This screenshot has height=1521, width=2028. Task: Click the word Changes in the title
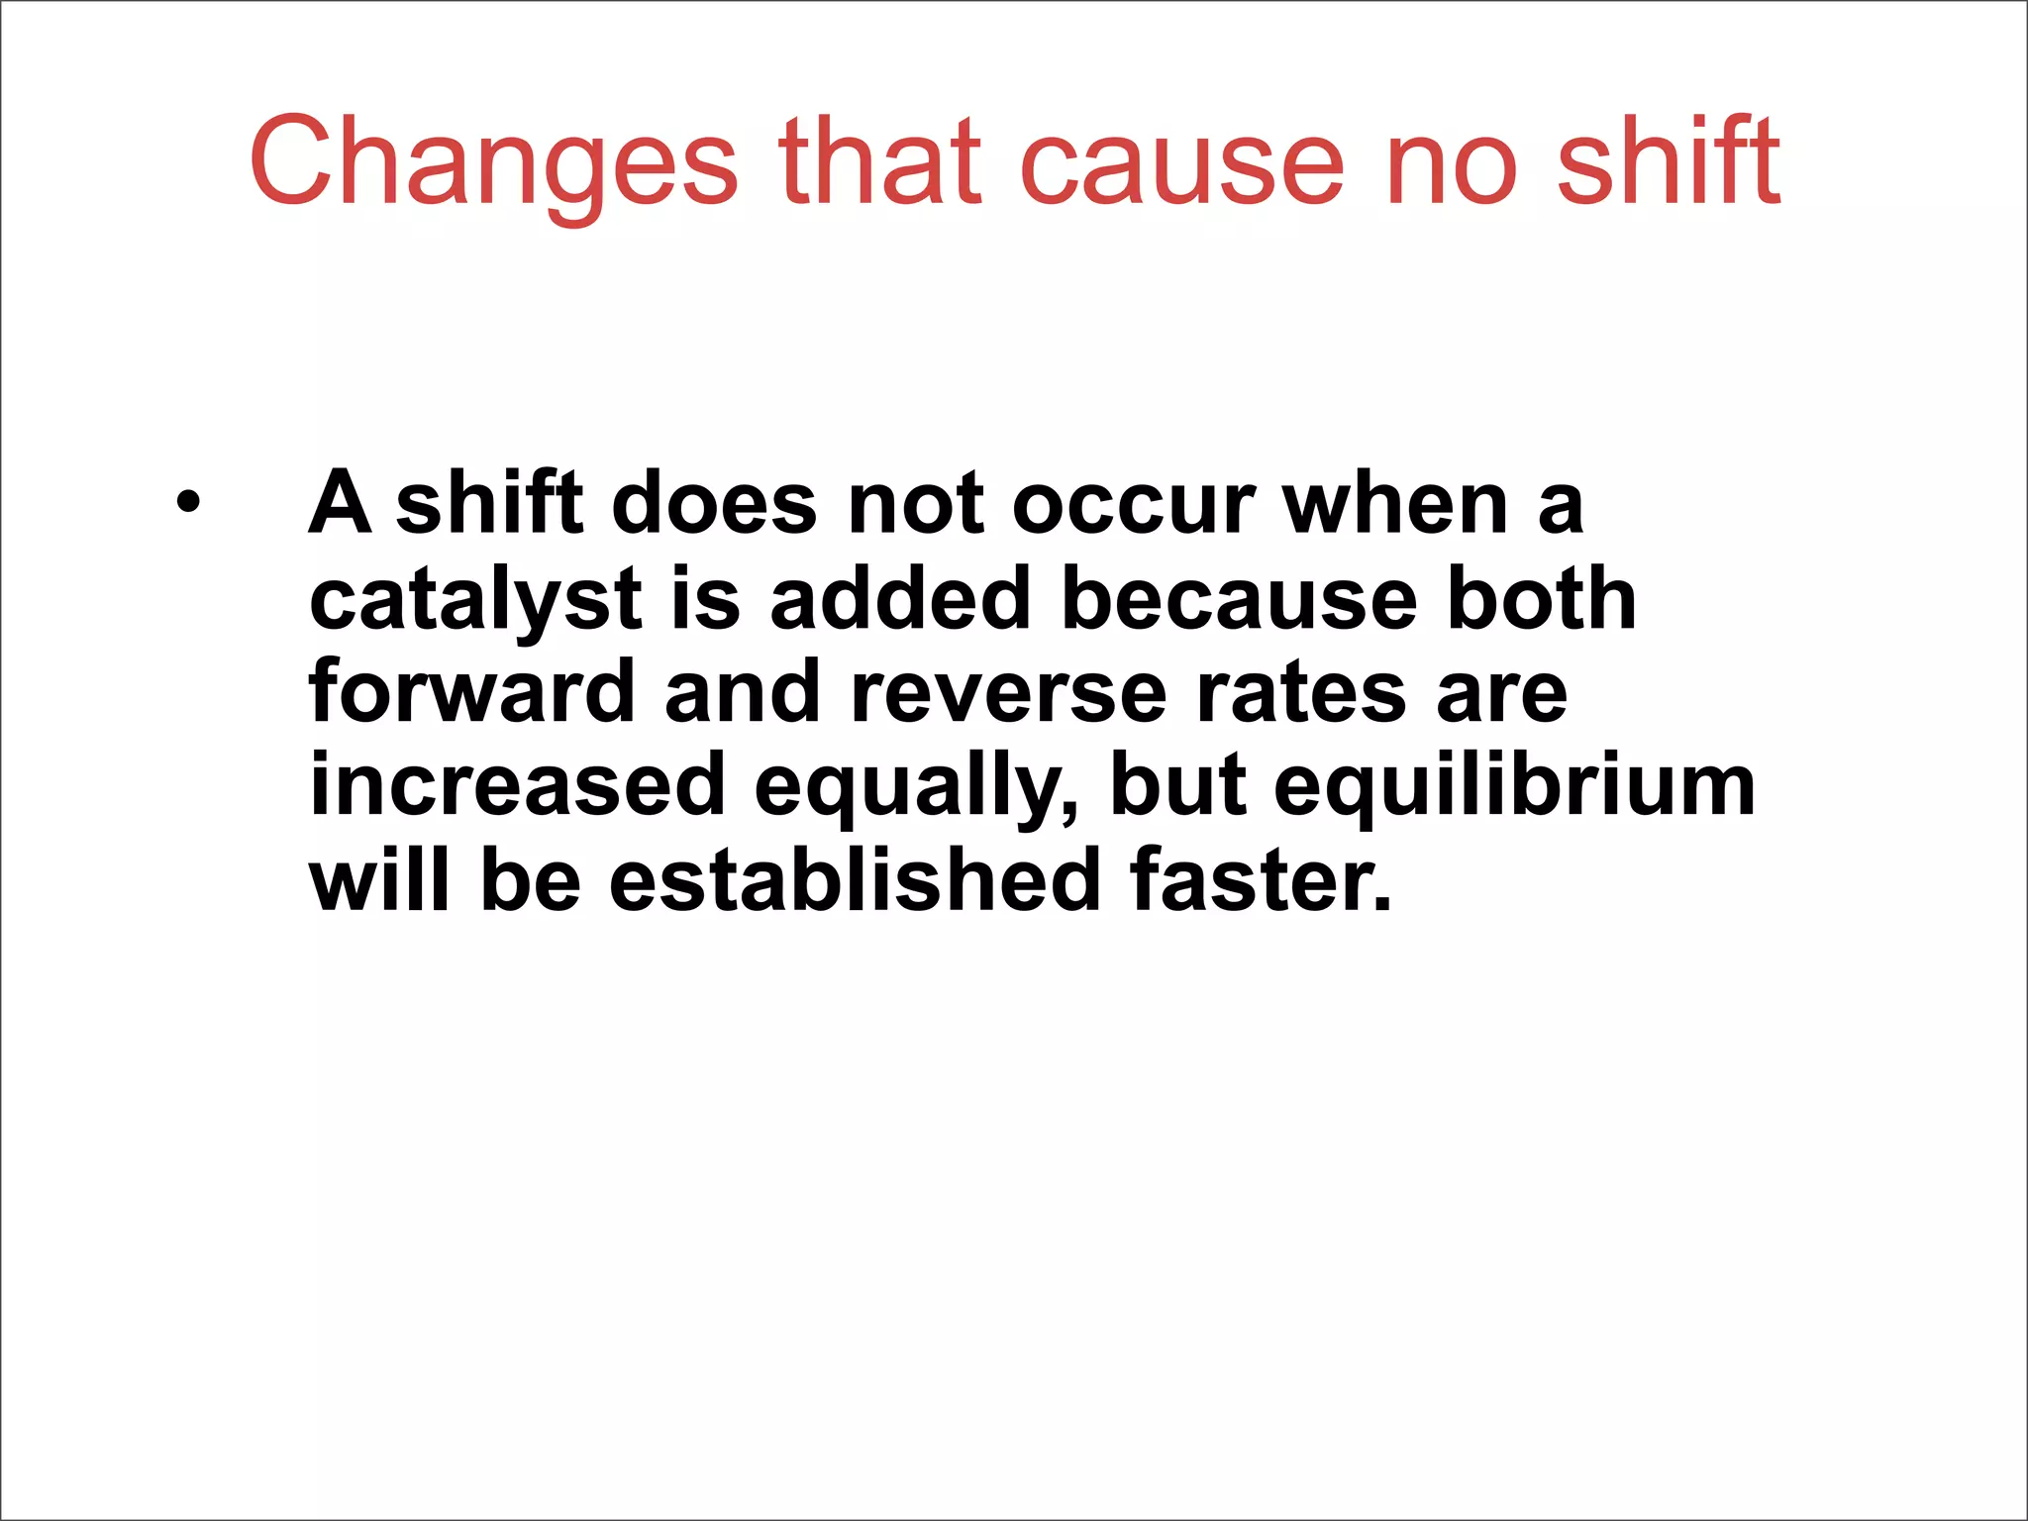pyautogui.click(x=492, y=163)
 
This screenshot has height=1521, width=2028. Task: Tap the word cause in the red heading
pyautogui.click(x=1182, y=163)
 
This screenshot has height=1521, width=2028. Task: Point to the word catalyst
pyautogui.click(x=475, y=600)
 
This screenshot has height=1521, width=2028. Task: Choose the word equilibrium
pyautogui.click(x=1514, y=787)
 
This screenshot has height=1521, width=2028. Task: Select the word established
pyautogui.click(x=855, y=880)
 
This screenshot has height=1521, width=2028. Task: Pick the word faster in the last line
pyautogui.click(x=1261, y=880)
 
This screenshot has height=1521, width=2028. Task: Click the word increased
pyautogui.click(x=518, y=787)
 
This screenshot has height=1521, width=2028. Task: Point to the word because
pyautogui.click(x=1239, y=600)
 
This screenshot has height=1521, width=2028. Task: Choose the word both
pyautogui.click(x=1541, y=600)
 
